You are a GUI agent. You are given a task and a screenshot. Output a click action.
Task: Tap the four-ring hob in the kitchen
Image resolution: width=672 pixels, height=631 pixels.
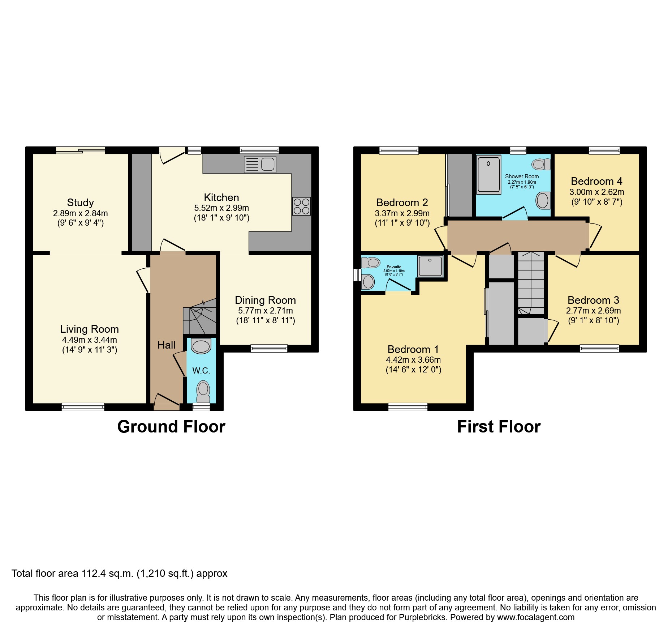pyautogui.click(x=301, y=206)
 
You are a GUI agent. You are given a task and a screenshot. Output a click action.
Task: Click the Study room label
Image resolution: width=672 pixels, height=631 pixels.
pyautogui.click(x=80, y=202)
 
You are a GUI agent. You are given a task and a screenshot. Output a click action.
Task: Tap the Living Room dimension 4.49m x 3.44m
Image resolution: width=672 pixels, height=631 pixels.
pyautogui.click(x=90, y=340)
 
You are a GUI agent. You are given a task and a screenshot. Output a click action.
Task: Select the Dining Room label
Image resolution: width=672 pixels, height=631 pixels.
pyautogui.click(x=265, y=300)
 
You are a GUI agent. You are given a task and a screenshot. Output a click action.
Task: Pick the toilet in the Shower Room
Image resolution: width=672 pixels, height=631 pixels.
pyautogui.click(x=540, y=165)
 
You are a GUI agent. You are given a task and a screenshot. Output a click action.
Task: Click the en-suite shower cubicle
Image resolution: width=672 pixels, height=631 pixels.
pyautogui.click(x=430, y=267)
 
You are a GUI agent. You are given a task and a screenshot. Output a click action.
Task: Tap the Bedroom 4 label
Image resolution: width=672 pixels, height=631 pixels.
pyautogui.click(x=596, y=181)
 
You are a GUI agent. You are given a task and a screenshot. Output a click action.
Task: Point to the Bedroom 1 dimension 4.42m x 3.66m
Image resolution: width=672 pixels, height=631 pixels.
pyautogui.click(x=413, y=360)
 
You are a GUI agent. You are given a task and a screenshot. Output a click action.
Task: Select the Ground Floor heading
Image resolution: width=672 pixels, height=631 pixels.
pyautogui.click(x=171, y=427)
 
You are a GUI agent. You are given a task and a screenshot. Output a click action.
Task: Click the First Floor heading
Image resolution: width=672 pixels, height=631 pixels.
pyautogui.click(x=499, y=427)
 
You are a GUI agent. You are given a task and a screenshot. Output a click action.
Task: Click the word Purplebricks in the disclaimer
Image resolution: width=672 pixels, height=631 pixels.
pyautogui.click(x=422, y=617)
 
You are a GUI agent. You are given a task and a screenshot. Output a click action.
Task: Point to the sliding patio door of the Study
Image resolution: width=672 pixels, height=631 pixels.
pyautogui.click(x=81, y=150)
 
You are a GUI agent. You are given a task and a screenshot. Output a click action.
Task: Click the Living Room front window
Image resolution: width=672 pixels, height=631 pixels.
pyautogui.click(x=83, y=407)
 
